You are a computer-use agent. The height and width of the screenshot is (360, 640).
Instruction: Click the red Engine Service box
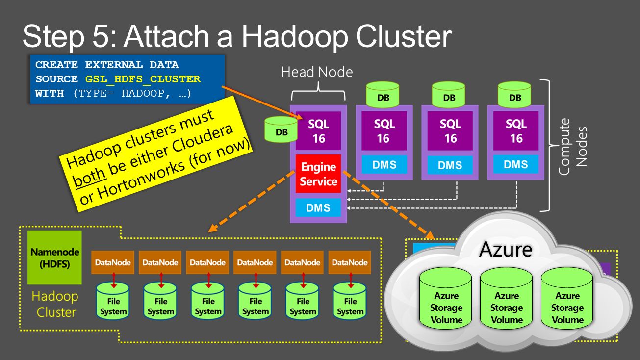pyautogui.click(x=318, y=174)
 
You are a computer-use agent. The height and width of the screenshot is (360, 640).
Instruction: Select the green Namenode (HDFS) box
pyautogui.click(x=54, y=257)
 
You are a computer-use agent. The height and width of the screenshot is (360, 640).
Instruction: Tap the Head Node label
pyautogui.click(x=317, y=72)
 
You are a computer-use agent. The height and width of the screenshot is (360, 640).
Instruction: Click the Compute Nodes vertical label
pyautogui.click(x=572, y=147)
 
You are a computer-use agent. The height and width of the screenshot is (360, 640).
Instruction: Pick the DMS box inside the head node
pyautogui.click(x=318, y=208)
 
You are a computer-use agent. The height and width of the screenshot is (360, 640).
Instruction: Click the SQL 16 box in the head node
pyautogui.click(x=318, y=131)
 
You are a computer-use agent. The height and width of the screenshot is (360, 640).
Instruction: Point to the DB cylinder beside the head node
pyautogui.click(x=282, y=129)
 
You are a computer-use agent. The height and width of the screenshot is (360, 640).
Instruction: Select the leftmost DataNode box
pyautogui.click(x=113, y=262)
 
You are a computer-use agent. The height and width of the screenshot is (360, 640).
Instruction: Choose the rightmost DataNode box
pyautogui.click(x=350, y=262)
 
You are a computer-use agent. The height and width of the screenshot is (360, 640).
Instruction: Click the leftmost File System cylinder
pyautogui.click(x=113, y=301)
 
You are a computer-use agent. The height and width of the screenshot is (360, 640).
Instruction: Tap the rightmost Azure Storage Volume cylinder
pyautogui.click(x=567, y=300)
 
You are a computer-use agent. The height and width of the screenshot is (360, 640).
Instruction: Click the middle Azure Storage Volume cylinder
pyautogui.click(x=507, y=300)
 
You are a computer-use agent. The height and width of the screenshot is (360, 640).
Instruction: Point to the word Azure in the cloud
pyautogui.click(x=506, y=250)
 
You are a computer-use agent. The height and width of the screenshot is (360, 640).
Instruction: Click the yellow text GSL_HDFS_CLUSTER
pyautogui.click(x=143, y=79)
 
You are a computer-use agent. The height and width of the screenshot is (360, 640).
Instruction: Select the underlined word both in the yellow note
pyautogui.click(x=89, y=178)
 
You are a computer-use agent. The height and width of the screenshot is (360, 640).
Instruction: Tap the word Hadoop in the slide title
pyautogui.click(x=294, y=37)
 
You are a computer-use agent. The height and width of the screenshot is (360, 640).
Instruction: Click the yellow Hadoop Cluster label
pyautogui.click(x=55, y=304)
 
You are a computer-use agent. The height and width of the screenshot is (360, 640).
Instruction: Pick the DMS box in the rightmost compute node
pyautogui.click(x=516, y=165)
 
